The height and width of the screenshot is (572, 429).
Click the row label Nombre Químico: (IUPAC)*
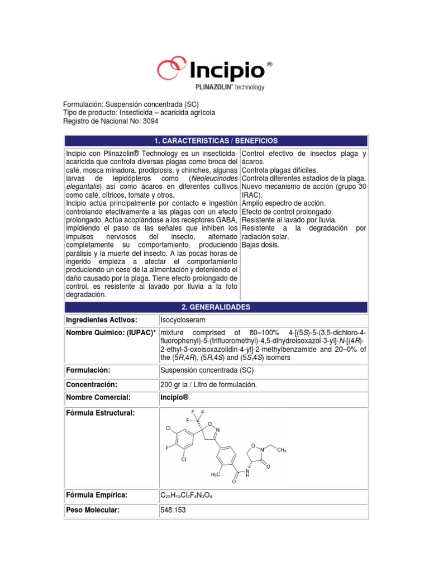click(109, 333)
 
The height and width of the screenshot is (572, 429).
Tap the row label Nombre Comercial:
click(98, 397)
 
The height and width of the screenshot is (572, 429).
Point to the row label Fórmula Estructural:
click(101, 413)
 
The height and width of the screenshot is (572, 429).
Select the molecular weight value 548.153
click(173, 510)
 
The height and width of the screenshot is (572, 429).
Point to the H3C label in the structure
click(216, 474)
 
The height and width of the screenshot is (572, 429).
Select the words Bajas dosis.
click(261, 245)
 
